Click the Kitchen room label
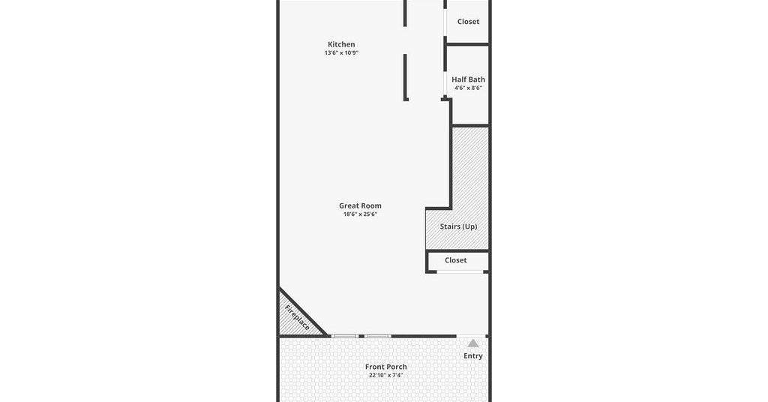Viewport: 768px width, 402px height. click(x=341, y=44)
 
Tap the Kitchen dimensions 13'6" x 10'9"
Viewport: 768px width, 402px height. click(x=341, y=53)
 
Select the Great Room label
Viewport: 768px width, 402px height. click(x=360, y=206)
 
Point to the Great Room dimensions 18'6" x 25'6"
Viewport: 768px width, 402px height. click(x=360, y=214)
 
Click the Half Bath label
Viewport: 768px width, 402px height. click(x=468, y=79)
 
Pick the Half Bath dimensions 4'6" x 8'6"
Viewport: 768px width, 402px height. click(x=468, y=88)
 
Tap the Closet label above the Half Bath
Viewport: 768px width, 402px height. click(x=468, y=22)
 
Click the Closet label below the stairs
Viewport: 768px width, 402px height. click(x=455, y=260)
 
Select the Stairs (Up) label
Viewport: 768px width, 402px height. click(x=458, y=226)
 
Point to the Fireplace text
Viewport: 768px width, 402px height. click(x=297, y=318)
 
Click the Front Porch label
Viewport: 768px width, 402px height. click(x=386, y=367)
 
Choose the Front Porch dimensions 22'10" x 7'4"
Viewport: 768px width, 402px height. click(x=386, y=376)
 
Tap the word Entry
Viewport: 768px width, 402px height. click(x=473, y=356)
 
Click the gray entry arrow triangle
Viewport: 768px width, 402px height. click(x=473, y=343)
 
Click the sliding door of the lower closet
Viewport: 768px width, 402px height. click(x=460, y=271)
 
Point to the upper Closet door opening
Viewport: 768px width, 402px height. click(x=445, y=22)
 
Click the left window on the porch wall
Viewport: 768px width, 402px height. click(x=345, y=337)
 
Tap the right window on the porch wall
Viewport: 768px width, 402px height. click(x=378, y=337)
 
